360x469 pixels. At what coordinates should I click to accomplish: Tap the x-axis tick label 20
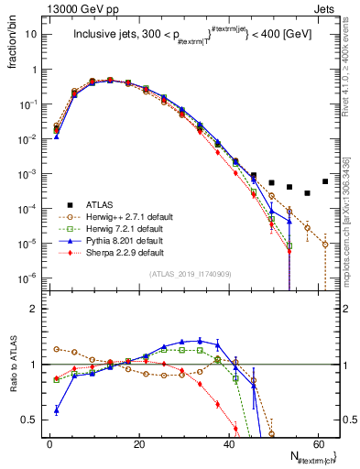[139, 445]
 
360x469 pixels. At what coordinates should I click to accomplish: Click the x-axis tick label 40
[229, 445]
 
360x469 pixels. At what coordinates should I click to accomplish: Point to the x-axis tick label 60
[318, 445]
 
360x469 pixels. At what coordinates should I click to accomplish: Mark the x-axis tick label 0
[49, 445]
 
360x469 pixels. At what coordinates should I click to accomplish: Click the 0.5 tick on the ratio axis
[34, 420]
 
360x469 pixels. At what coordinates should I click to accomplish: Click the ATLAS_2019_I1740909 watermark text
[190, 275]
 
